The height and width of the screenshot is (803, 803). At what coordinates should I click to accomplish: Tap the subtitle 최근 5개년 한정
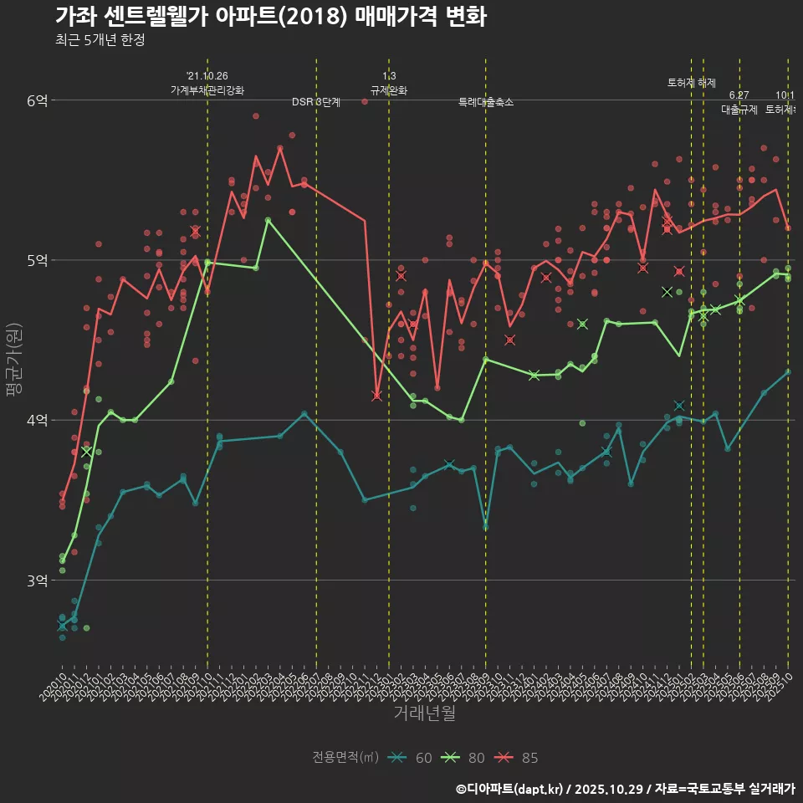tap(100, 40)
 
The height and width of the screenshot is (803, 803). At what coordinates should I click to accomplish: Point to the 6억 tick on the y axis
tap(37, 100)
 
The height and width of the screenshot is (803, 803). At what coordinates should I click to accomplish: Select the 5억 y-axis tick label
tap(37, 260)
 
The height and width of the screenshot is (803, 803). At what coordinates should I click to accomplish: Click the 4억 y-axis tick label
tap(37, 420)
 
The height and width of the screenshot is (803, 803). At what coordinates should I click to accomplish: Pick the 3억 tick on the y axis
tap(37, 580)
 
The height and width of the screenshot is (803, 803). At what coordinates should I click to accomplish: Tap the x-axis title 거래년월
tap(425, 713)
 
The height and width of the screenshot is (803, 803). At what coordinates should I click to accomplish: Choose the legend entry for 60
tap(411, 758)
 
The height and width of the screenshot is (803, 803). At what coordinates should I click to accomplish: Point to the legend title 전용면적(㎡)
tap(345, 758)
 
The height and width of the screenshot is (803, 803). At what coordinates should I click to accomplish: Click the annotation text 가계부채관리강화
tap(207, 90)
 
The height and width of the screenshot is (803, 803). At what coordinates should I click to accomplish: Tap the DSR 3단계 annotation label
tap(316, 102)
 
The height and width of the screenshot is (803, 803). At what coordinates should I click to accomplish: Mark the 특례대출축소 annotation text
tap(486, 102)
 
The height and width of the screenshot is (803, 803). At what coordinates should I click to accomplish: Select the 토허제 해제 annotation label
tap(692, 83)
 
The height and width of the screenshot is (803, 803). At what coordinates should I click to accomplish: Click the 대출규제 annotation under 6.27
tap(739, 110)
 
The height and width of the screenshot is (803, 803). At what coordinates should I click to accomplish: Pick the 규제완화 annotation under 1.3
tap(389, 90)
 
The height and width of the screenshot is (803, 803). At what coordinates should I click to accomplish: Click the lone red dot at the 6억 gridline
tap(365, 101)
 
